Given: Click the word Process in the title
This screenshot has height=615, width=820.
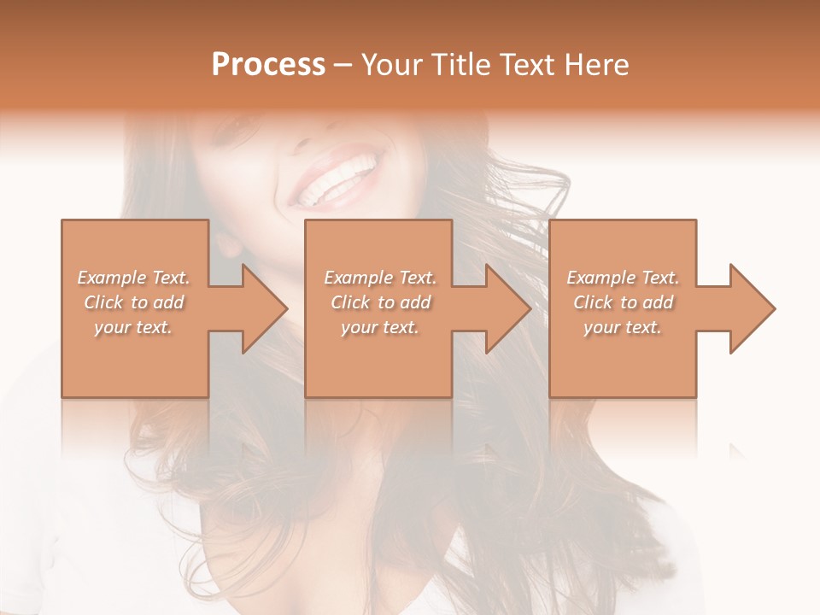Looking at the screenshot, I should [268, 65].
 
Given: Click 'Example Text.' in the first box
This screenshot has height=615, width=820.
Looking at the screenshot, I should [133, 278].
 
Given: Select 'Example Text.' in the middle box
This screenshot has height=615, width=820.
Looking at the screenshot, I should [380, 278].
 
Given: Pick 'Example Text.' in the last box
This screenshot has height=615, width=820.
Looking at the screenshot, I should [623, 278].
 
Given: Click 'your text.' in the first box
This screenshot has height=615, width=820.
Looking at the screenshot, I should [133, 327].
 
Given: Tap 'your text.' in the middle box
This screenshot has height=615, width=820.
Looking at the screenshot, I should [380, 327].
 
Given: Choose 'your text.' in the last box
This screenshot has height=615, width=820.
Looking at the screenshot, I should [623, 327].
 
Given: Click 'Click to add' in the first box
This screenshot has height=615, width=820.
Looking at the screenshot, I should [133, 302].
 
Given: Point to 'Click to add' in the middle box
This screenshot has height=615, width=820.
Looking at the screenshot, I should [380, 302].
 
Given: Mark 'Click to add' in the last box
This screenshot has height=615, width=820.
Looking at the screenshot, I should [623, 302].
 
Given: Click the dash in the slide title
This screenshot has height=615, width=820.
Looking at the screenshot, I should [343, 65].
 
